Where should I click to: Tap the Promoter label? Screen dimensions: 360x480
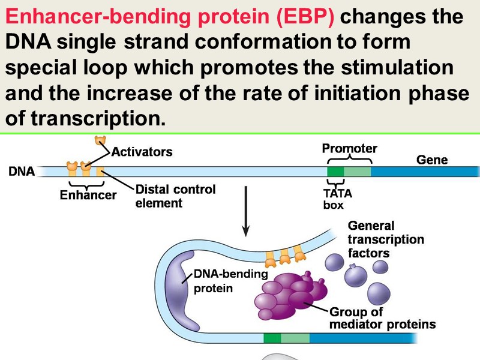(349, 148)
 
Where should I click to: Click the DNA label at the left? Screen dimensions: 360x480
(21, 172)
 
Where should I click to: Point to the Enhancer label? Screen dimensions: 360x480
(88, 195)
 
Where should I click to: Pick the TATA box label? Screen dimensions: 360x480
(337, 199)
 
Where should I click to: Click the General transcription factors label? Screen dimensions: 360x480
(386, 239)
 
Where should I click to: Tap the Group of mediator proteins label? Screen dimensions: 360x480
(382, 319)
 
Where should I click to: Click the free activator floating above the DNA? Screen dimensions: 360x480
(100, 141)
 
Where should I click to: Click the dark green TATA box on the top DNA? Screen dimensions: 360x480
(335, 172)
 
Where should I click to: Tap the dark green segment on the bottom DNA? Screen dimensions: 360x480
(272, 338)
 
